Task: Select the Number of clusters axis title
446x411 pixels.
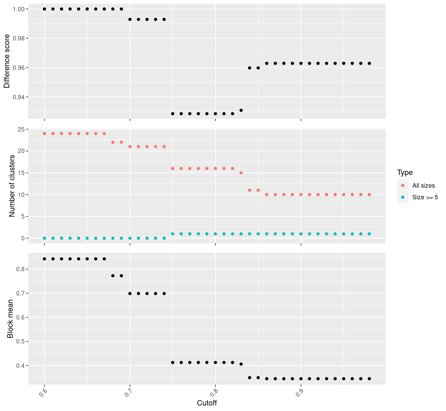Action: pos(12,186)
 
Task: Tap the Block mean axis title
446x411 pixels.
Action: pos(10,319)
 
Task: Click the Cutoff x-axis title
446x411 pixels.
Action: pos(207,403)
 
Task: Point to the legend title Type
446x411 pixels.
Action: pos(404,172)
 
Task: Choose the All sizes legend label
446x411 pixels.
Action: pos(423,186)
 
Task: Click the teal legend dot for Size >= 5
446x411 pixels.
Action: pos(403,197)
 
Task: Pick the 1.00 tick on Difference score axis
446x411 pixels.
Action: pos(17,9)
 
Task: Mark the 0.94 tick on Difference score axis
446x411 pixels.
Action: pos(17,97)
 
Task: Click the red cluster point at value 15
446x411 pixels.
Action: pos(241,173)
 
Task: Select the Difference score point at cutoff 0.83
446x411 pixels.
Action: pos(241,110)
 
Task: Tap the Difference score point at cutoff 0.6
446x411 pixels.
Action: pos(44,9)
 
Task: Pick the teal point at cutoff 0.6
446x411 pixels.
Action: pos(44,238)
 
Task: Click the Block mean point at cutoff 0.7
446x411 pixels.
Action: pos(130,294)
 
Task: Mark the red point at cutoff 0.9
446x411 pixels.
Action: pos(301,195)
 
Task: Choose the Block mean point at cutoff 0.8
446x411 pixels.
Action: pos(215,362)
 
